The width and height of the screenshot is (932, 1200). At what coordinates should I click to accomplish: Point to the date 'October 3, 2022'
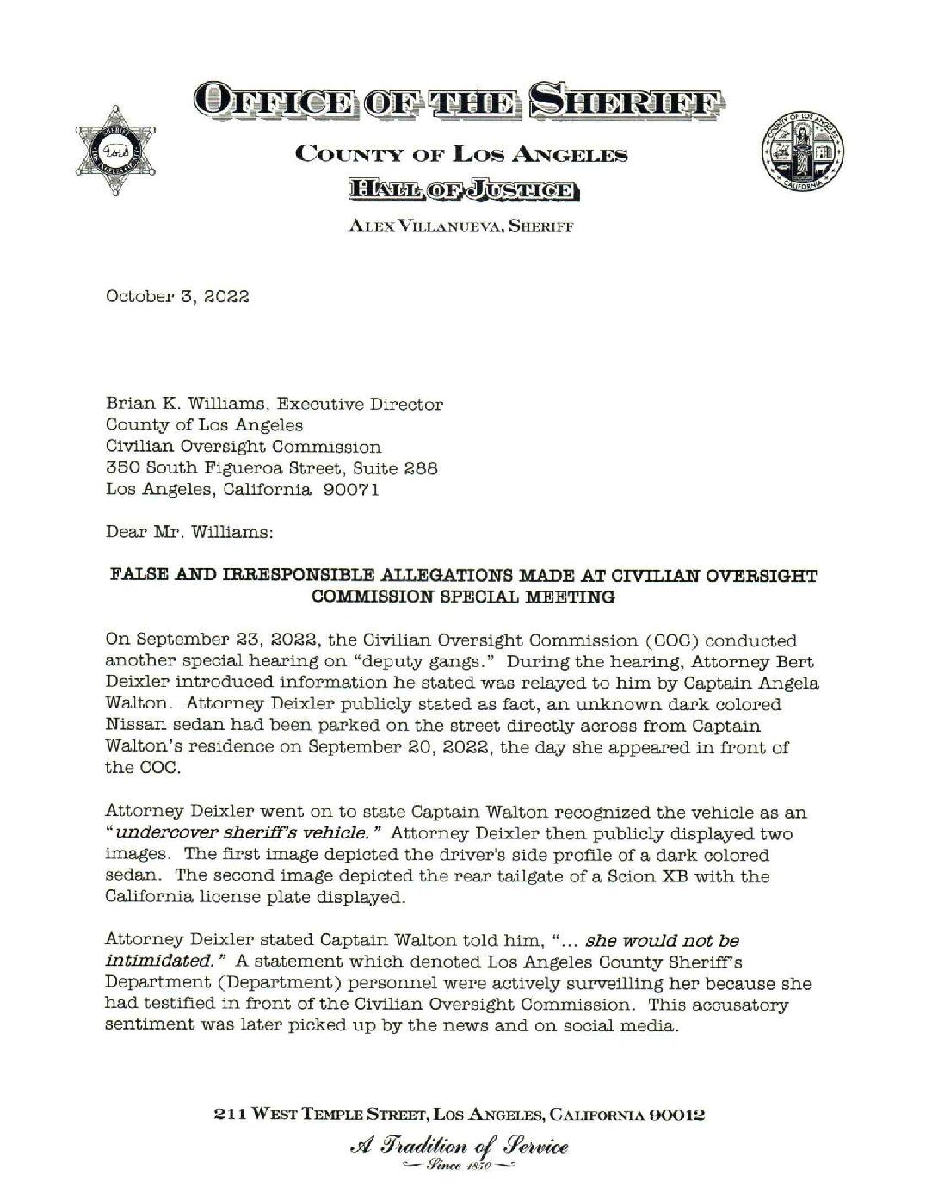pos(177,297)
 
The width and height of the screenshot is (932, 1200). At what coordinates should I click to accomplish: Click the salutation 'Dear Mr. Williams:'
pos(189,532)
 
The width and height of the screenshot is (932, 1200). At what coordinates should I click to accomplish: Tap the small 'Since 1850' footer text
pos(456,1166)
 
